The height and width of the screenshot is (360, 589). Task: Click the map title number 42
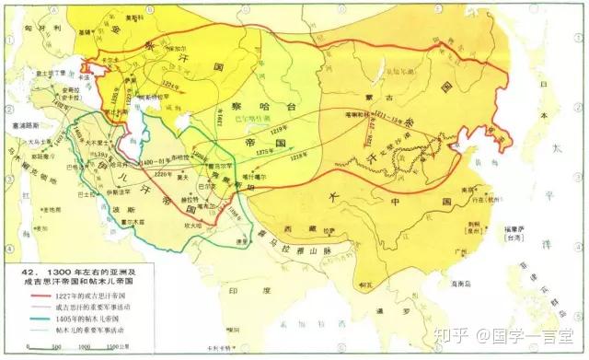coord(16,274)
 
